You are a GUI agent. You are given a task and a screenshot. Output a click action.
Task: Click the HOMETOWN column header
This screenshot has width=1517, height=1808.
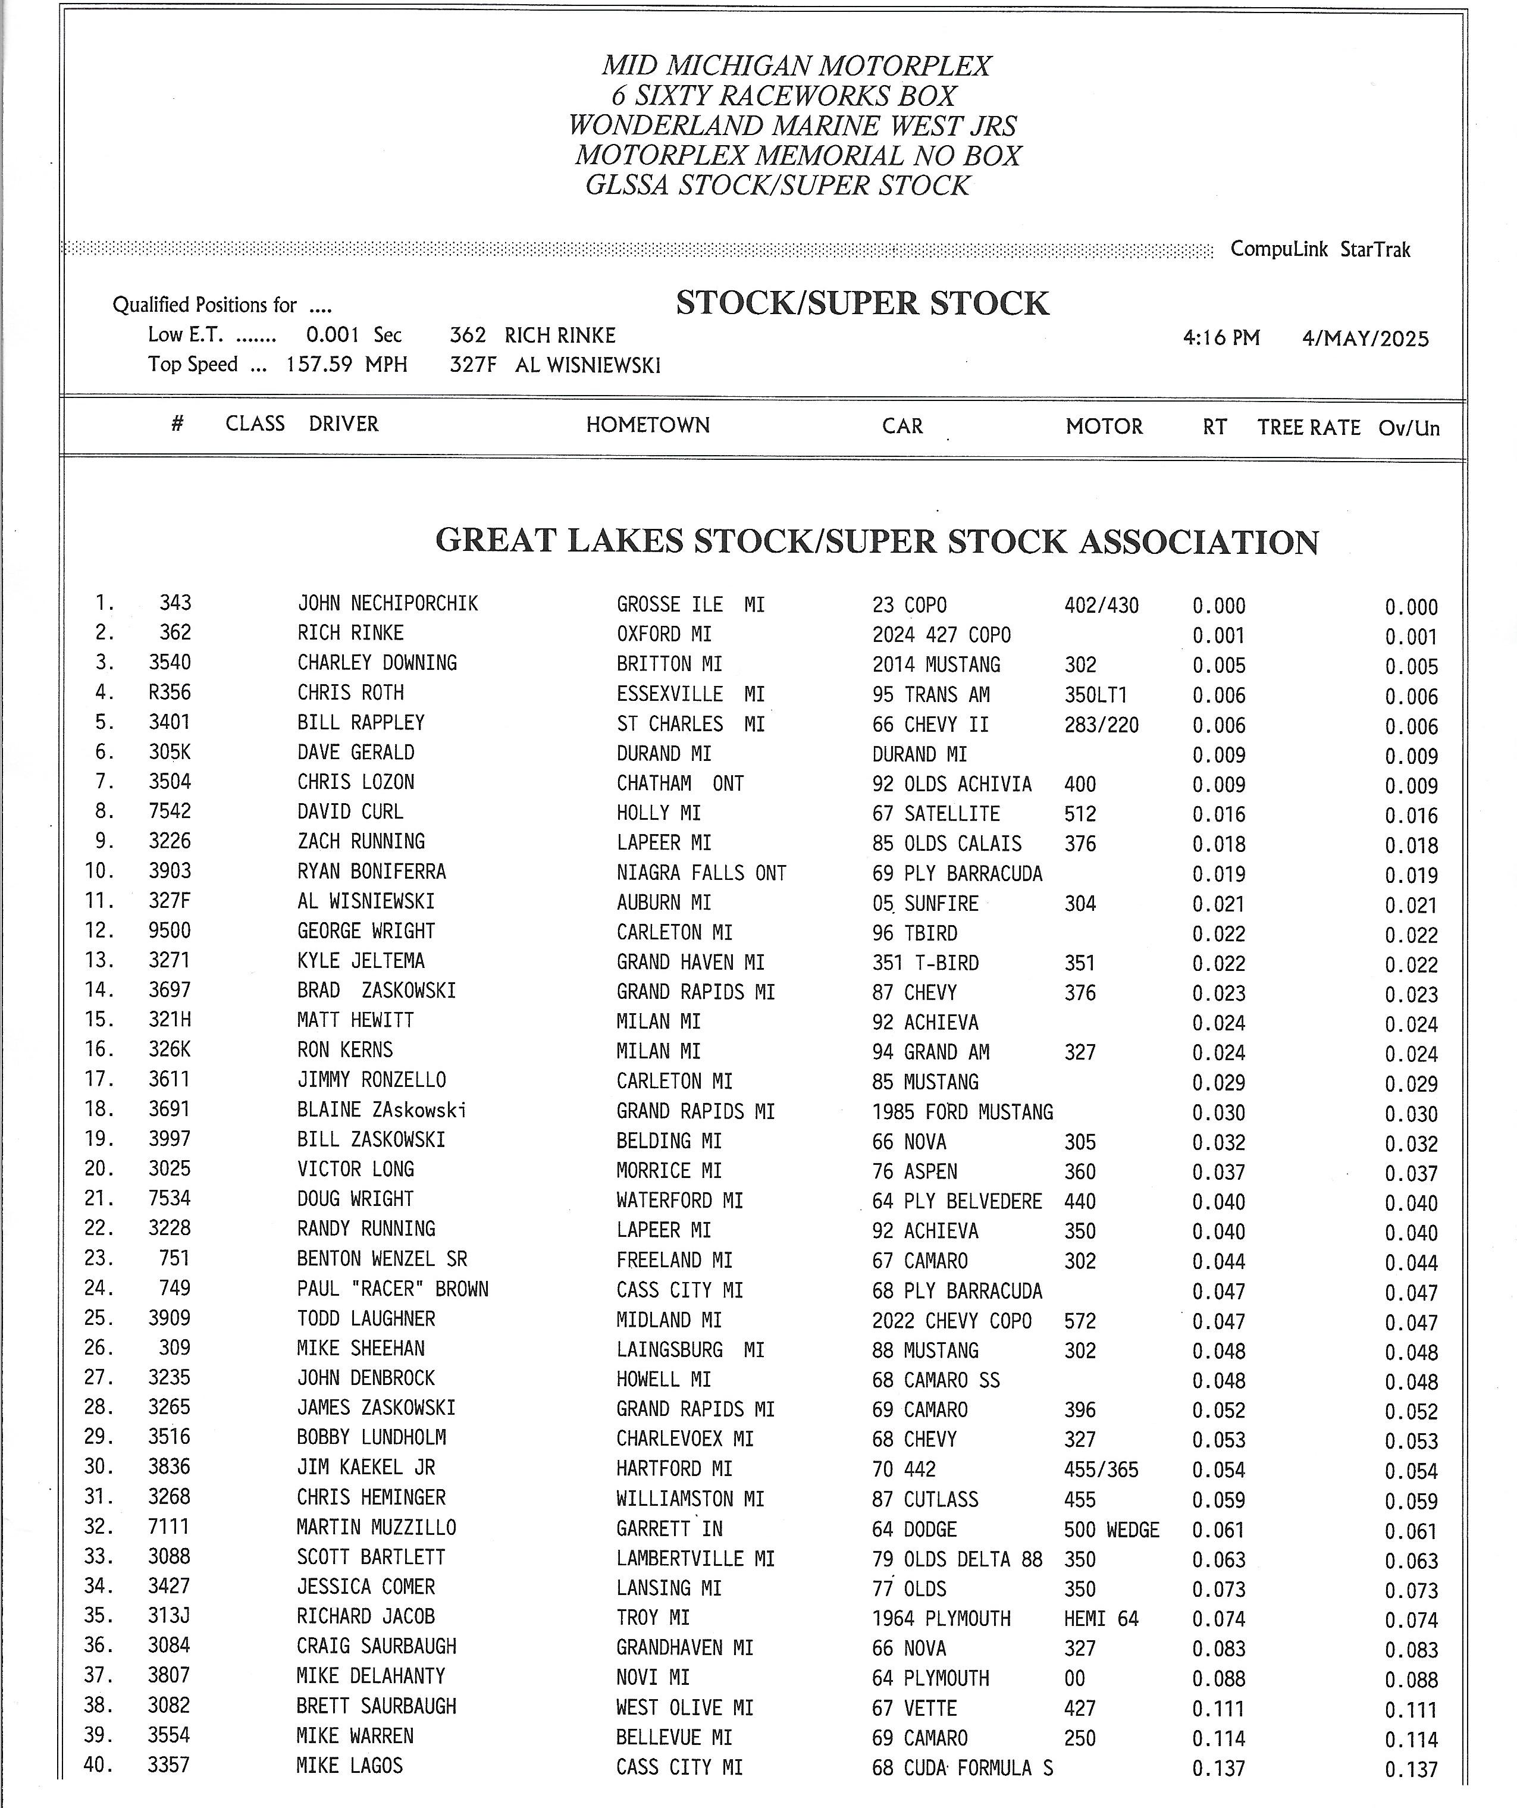coord(647,424)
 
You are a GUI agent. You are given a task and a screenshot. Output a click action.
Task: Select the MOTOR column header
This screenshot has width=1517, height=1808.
coord(1104,426)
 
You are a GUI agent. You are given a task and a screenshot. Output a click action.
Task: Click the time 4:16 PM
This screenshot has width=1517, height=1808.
coord(1221,337)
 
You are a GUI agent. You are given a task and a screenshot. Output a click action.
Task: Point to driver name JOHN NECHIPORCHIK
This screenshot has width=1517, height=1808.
coord(387,603)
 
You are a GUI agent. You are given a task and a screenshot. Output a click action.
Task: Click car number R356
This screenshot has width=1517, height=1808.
coord(170,693)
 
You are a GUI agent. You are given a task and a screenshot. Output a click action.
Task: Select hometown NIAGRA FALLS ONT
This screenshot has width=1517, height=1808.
coord(701,873)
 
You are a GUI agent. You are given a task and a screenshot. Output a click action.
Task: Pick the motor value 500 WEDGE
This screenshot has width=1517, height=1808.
coord(1111,1530)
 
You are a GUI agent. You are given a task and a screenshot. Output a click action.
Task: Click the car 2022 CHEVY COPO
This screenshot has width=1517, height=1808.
coord(951,1321)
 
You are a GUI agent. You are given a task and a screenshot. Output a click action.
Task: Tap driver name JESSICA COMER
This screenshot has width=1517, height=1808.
coord(366,1587)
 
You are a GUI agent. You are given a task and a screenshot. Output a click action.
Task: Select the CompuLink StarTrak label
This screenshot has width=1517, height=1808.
coord(1320,250)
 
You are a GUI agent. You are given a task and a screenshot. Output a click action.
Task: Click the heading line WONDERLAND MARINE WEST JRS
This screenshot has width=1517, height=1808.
coord(792,126)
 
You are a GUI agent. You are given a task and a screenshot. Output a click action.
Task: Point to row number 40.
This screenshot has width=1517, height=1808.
coord(98,1765)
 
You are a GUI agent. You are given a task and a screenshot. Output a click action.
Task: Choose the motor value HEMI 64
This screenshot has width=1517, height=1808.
coord(1101,1619)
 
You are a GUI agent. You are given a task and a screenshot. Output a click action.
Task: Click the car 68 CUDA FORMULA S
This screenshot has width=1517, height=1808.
coord(962,1768)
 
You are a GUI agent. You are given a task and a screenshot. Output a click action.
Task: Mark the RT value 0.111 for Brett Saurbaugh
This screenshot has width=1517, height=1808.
coord(1218,1709)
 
